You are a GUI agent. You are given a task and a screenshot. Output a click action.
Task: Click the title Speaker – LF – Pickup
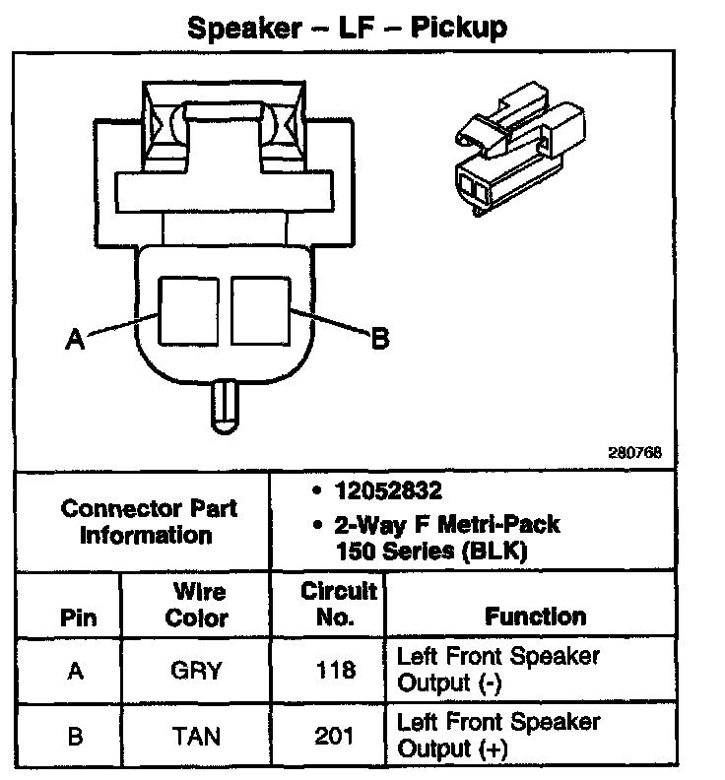(x=347, y=27)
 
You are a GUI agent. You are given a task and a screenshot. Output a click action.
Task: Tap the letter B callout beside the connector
(x=379, y=340)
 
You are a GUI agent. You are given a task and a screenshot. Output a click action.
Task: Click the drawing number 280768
(x=635, y=454)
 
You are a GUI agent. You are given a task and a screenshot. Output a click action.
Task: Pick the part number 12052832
(x=386, y=491)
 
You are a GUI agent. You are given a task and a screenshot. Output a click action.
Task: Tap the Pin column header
(x=79, y=617)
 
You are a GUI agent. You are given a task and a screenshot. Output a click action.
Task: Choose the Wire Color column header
(x=196, y=605)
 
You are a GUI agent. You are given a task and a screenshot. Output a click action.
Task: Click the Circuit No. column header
(x=338, y=604)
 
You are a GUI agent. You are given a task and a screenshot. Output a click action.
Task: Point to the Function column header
(x=535, y=617)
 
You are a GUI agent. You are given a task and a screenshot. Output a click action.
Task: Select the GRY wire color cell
(x=196, y=672)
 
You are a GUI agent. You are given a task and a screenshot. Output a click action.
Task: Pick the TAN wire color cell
(x=196, y=735)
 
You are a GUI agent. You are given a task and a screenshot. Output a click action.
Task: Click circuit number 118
(x=336, y=672)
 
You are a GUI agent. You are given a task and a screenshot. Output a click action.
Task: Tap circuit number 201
(x=336, y=735)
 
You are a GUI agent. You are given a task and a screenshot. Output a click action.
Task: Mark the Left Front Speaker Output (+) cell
(x=497, y=735)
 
